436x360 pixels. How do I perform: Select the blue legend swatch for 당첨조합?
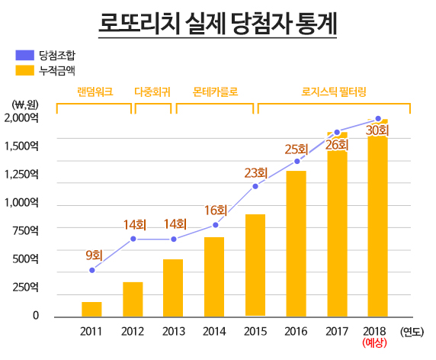coord(24,56)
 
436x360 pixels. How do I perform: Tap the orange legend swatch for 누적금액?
coord(24,70)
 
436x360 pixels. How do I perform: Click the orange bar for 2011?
coord(91,309)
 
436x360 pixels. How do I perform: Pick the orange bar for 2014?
coord(214,276)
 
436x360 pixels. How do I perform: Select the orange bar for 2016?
coord(296,243)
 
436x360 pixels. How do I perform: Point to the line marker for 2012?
coord(133,239)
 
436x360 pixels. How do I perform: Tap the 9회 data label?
coord(94,256)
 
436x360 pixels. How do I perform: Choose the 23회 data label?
coord(255,173)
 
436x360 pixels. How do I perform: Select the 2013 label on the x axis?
coord(174,331)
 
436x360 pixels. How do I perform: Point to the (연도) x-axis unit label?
coord(412,331)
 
